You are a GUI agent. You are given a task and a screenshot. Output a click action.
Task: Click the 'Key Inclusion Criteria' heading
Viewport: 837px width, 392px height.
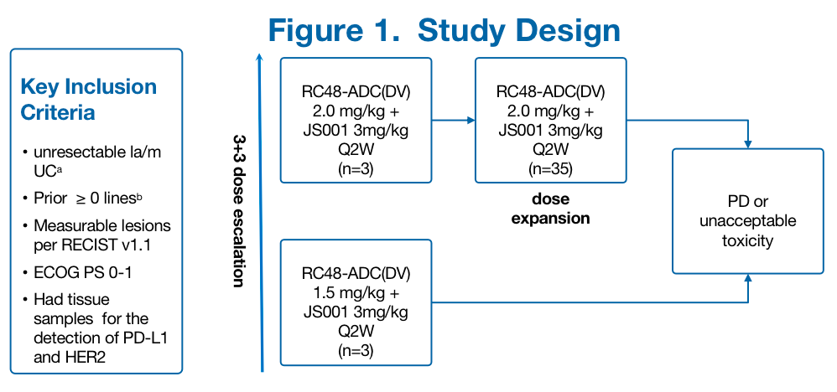[x=87, y=99]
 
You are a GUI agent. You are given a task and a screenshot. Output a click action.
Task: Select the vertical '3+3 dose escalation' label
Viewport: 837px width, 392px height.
[x=238, y=213]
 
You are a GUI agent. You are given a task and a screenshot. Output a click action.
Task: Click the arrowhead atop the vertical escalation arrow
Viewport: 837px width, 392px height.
[x=261, y=57]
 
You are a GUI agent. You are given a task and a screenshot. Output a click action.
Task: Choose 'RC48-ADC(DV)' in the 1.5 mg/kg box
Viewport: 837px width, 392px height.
[x=356, y=276]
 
